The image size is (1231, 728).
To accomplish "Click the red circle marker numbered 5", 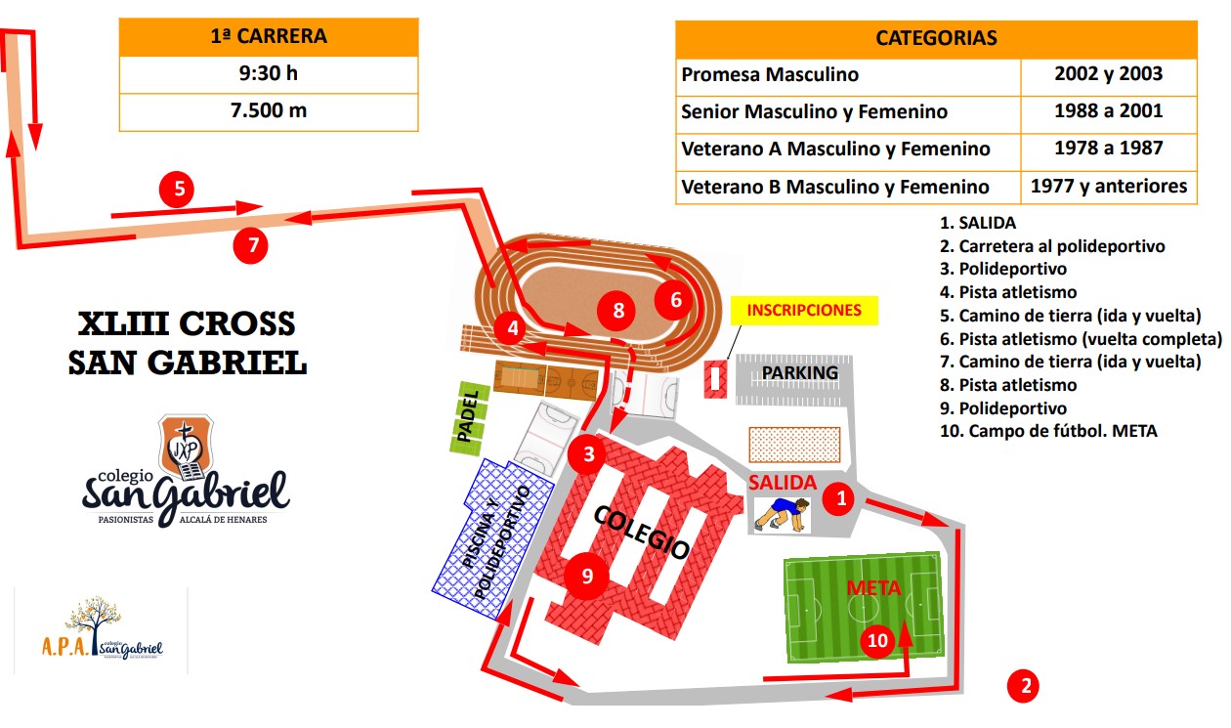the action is [177, 190].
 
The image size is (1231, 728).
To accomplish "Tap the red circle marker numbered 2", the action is [1023, 686].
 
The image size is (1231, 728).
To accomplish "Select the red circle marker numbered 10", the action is [877, 640].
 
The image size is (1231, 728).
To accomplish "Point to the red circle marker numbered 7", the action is [250, 246].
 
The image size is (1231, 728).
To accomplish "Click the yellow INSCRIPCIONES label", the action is [804, 310].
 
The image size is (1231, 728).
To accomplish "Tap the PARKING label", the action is [799, 373].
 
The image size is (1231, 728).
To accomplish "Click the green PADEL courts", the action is [468, 418].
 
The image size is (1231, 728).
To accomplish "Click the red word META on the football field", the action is [873, 588].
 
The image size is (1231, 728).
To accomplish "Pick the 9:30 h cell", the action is [269, 74].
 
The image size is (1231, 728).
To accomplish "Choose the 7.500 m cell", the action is [269, 111].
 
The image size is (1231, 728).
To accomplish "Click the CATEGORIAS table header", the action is [936, 38].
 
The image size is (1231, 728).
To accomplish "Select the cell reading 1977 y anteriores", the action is [1109, 187].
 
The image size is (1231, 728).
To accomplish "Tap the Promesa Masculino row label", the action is [770, 75].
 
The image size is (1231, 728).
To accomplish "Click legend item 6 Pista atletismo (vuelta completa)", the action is [1081, 339].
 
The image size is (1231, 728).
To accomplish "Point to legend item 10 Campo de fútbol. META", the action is [1048, 431].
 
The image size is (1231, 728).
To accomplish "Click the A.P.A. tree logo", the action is [103, 627].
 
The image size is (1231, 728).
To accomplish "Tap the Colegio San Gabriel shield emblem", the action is [186, 447].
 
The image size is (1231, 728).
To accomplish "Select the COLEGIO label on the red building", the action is [642, 533].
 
